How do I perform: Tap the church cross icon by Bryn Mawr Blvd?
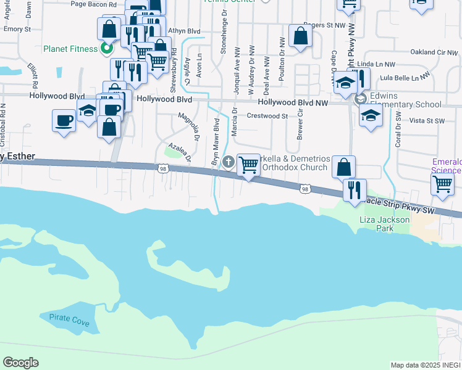click(229, 162)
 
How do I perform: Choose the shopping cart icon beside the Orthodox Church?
click(248, 165)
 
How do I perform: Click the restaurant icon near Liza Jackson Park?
click(355, 190)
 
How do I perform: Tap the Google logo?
click(20, 362)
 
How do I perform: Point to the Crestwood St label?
click(267, 115)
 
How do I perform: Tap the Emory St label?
click(17, 29)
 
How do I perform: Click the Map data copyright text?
click(426, 364)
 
